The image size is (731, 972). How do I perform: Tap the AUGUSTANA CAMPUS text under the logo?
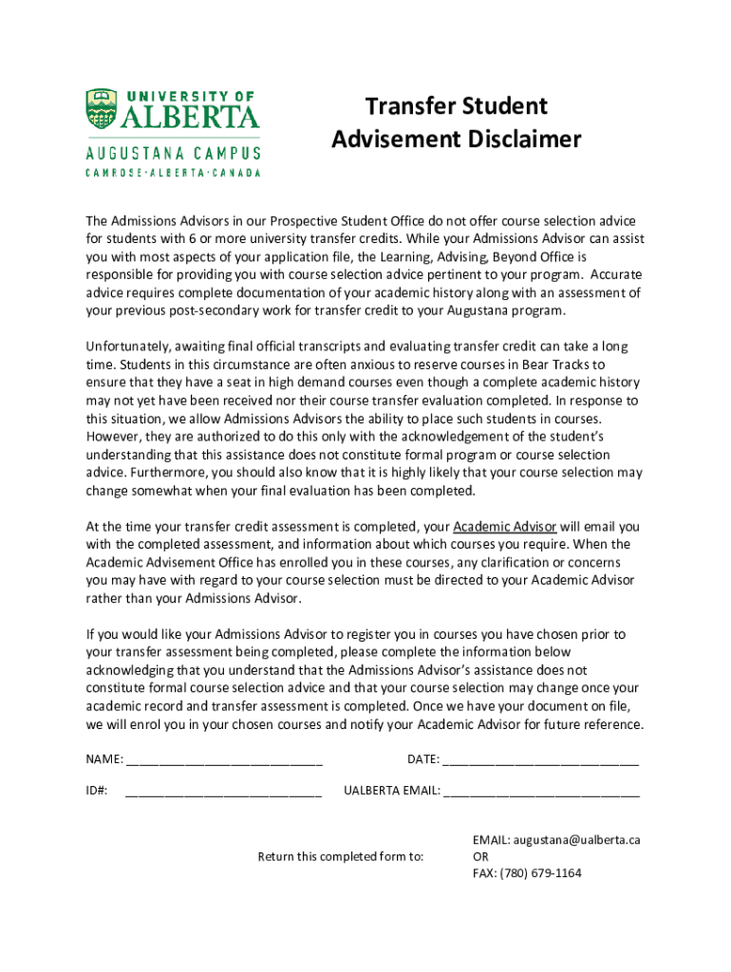173,154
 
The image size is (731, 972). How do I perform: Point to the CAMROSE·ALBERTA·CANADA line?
173,173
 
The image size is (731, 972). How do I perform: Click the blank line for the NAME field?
224,759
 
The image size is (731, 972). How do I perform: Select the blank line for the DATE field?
540,759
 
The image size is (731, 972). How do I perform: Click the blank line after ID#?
223,790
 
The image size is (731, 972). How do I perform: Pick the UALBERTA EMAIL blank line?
541,790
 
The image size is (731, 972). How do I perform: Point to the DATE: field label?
423,759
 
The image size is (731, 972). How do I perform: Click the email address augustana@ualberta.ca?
580,840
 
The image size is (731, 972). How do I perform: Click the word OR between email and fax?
481,856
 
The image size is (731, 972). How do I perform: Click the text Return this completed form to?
341,856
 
